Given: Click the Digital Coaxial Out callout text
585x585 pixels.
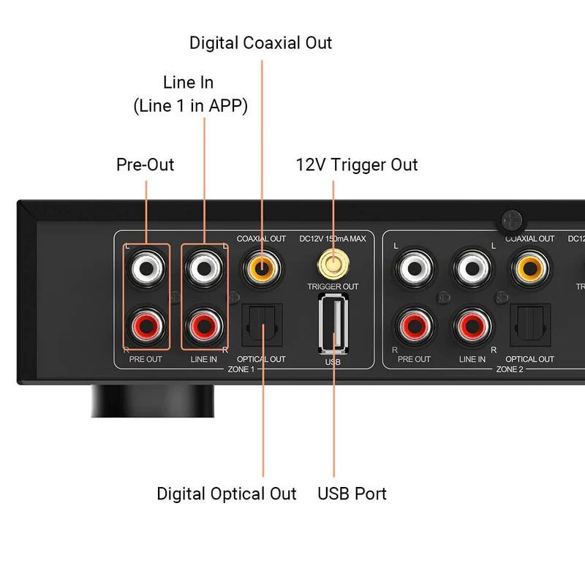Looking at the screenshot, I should (x=260, y=42).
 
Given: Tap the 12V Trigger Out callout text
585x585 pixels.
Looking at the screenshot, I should (x=356, y=165).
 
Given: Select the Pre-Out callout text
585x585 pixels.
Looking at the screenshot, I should (x=146, y=165).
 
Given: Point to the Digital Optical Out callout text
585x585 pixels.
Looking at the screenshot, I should (x=227, y=494).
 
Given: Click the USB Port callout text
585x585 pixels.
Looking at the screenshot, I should (x=352, y=494).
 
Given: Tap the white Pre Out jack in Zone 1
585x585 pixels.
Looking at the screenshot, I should (x=146, y=268).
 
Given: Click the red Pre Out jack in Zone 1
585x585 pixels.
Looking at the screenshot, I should (x=146, y=324).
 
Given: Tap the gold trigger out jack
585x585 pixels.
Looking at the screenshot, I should (x=333, y=263).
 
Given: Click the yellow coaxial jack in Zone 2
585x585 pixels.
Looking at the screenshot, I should (x=530, y=268).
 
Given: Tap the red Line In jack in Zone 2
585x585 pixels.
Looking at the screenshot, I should (x=472, y=324).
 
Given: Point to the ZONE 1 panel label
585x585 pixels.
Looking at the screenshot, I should (x=241, y=371).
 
